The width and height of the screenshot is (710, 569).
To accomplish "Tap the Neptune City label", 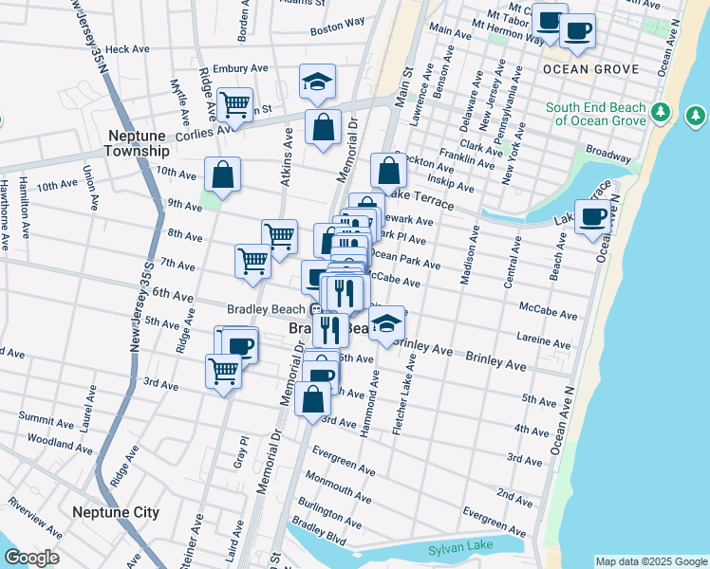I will [x=116, y=512].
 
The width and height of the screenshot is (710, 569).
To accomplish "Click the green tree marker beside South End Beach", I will [x=695, y=116].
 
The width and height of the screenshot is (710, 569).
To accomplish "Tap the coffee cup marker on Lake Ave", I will [x=593, y=217].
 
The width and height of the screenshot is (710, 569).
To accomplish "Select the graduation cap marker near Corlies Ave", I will [x=317, y=82].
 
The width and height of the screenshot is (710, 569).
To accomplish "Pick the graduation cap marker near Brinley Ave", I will [x=384, y=324].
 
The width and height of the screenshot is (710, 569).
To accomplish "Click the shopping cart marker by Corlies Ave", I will [x=234, y=103].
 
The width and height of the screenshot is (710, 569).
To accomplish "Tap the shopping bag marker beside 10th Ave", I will [x=222, y=174].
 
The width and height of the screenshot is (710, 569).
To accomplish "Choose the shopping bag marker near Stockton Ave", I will [x=388, y=171].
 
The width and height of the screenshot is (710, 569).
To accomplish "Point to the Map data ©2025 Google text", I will [x=650, y=561].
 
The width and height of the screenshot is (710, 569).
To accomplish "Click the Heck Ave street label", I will [x=128, y=49].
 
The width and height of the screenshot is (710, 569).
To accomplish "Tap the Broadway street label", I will [x=607, y=153].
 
